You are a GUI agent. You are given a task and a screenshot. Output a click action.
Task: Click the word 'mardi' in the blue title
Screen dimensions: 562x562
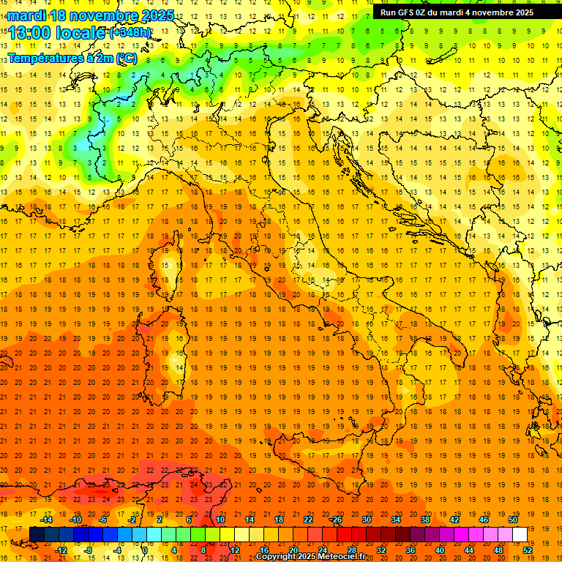(x=27, y=15)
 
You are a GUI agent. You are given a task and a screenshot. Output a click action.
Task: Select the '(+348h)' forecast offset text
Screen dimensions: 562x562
(x=131, y=33)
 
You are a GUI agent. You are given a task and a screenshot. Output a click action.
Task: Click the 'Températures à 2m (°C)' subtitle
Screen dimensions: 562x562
(x=72, y=58)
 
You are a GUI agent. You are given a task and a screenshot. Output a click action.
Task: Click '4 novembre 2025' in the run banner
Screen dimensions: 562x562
(x=498, y=12)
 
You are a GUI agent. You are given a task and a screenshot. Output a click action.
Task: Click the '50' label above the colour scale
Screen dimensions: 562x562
(x=513, y=520)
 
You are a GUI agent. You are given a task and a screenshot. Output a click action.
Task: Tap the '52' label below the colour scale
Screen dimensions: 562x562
(x=528, y=550)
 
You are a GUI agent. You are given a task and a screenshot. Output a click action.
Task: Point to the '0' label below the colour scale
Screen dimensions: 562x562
(x=145, y=550)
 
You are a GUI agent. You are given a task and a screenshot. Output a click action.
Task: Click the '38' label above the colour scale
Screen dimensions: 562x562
(x=425, y=520)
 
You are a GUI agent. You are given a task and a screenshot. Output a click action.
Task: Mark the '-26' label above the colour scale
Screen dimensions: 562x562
(x=336, y=520)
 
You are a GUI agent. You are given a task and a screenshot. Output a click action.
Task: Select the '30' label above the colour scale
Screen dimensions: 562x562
(x=367, y=520)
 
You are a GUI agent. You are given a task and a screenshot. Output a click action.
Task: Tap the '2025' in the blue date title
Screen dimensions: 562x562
(x=156, y=15)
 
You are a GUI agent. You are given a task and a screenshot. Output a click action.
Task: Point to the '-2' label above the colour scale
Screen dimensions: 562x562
(x=132, y=520)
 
